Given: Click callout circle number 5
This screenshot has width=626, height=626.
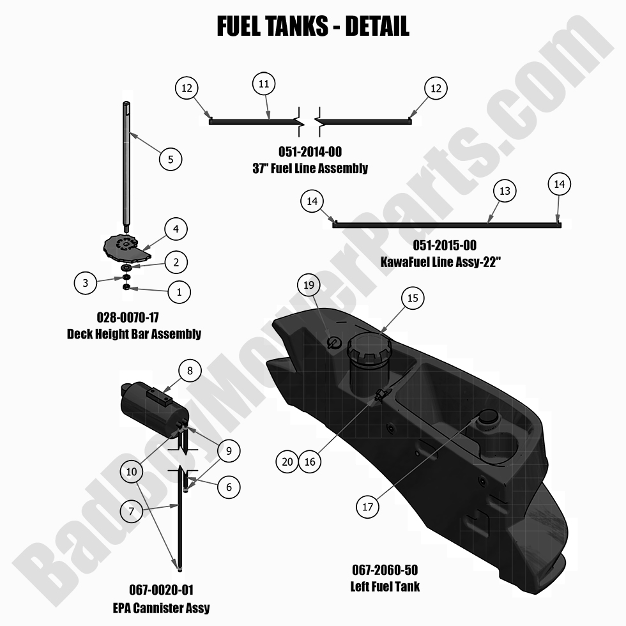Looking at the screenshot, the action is click(x=171, y=159).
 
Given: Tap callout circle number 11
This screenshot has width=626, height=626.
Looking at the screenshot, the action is click(x=264, y=84).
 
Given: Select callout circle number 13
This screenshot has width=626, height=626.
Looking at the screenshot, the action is click(x=505, y=191).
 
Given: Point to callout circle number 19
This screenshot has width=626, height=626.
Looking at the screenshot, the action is click(x=309, y=286).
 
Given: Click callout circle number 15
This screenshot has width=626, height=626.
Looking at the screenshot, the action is click(x=412, y=298).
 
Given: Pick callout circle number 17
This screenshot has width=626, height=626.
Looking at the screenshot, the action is click(x=367, y=507).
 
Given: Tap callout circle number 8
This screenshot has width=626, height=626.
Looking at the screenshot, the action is click(x=190, y=370).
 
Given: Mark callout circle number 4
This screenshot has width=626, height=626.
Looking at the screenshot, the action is click(x=176, y=228).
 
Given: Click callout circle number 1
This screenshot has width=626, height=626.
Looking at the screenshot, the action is click(x=179, y=293).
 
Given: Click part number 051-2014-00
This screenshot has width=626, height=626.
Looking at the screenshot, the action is click(x=310, y=152).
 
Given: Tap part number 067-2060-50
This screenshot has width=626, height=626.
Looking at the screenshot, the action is click(x=385, y=570).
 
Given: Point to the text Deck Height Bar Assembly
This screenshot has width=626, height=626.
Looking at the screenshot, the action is click(x=134, y=333).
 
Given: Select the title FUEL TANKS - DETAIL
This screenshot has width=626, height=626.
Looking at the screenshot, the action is click(x=312, y=27).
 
